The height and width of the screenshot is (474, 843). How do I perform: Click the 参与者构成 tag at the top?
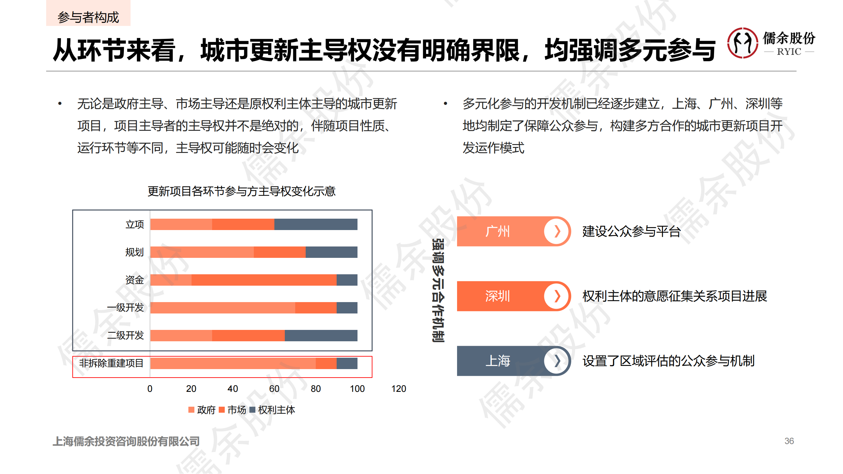click(x=88, y=17)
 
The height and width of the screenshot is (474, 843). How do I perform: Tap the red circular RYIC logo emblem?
click(x=742, y=43)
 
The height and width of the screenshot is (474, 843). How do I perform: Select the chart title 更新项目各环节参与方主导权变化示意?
click(x=241, y=191)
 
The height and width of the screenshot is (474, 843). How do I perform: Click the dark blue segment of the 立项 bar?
click(x=315, y=224)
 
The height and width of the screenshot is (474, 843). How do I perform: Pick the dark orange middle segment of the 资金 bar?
click(x=264, y=280)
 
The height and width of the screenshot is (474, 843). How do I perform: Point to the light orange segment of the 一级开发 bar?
click(x=223, y=308)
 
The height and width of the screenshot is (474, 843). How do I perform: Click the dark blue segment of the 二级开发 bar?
click(x=321, y=336)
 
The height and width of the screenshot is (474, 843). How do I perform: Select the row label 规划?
click(x=135, y=252)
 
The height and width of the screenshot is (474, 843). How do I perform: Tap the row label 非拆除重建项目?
click(x=111, y=363)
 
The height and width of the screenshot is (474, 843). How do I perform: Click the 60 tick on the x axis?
click(x=274, y=389)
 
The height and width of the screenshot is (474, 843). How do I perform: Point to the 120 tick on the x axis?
click(x=399, y=389)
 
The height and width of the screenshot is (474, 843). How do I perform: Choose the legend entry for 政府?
click(x=202, y=410)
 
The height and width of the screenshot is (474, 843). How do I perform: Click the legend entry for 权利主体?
click(x=272, y=410)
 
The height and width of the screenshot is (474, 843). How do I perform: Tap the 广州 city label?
click(x=498, y=231)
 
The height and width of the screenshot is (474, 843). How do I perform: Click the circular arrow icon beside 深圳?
click(x=557, y=296)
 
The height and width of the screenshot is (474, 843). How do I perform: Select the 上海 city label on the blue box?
click(x=498, y=361)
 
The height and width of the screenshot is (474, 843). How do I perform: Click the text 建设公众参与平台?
click(x=631, y=231)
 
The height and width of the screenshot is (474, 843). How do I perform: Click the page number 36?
click(x=789, y=441)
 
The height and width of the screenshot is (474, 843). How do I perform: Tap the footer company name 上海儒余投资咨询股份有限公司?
click(x=126, y=441)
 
